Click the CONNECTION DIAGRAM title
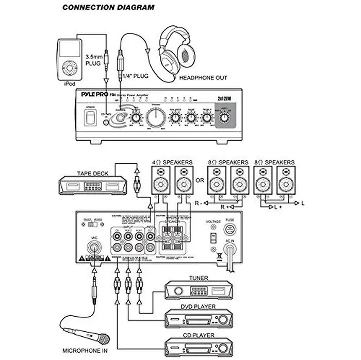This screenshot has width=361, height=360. [x=107, y=8]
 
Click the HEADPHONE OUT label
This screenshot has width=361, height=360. [x=203, y=78]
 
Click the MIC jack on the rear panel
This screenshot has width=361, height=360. [x=94, y=247]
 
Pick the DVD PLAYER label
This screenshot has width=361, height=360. [x=198, y=307]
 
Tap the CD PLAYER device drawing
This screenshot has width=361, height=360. [x=199, y=347]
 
